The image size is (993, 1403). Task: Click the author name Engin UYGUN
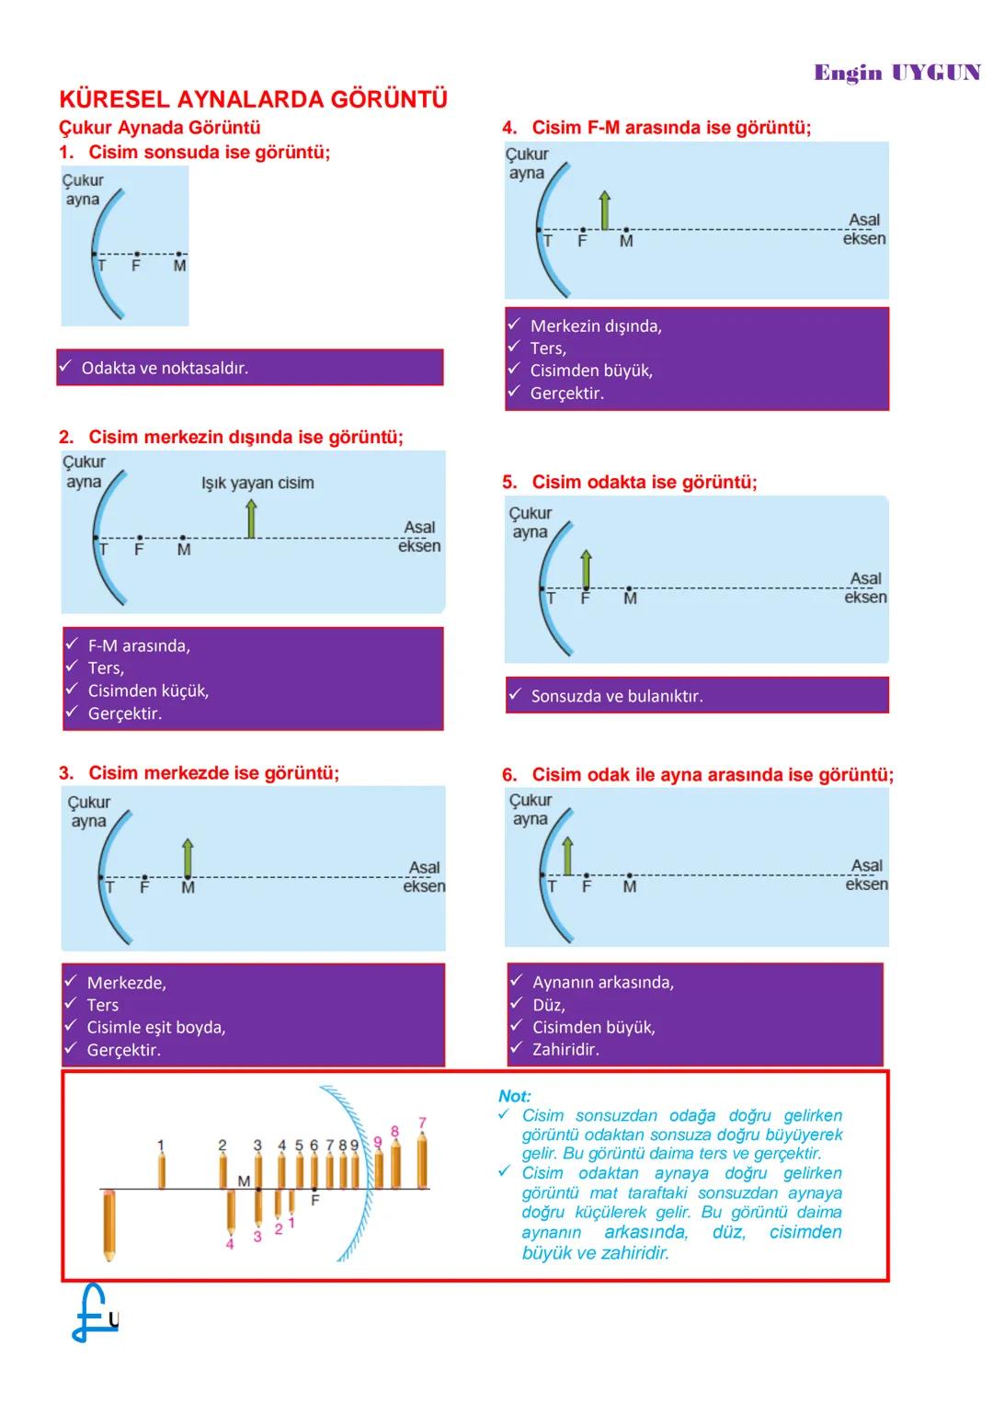[x=896, y=74]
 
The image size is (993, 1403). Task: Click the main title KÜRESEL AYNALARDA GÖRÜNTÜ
[x=253, y=99]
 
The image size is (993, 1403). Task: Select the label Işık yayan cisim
[x=257, y=483]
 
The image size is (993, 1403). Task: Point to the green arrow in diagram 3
[x=188, y=859]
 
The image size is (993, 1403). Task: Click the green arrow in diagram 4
[x=604, y=211]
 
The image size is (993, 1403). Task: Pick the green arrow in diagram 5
[x=587, y=569]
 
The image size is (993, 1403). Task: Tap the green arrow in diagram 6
[x=567, y=856]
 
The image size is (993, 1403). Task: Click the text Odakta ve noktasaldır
[x=165, y=368]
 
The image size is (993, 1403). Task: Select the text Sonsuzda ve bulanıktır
[x=617, y=696]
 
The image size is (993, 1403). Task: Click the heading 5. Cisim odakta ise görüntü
[x=630, y=482]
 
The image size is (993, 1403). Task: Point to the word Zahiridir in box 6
[x=565, y=1049]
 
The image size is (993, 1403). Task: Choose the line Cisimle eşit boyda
[x=156, y=1027]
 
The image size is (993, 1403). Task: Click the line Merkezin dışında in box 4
[x=596, y=325]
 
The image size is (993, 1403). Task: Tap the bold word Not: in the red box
[x=515, y=1096]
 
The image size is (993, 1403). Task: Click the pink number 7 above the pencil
[x=422, y=1123]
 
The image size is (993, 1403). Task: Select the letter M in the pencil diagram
[x=244, y=1181]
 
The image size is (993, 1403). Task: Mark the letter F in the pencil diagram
[x=314, y=1200]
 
